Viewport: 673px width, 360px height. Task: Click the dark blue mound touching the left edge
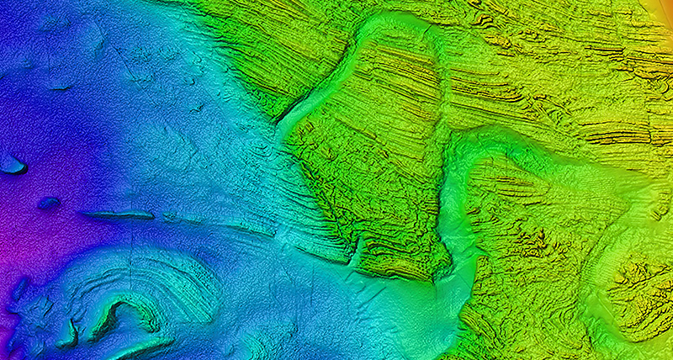click(11, 164)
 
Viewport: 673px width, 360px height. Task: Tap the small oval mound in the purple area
click(48, 203)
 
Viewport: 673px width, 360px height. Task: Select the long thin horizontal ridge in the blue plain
click(118, 215)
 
